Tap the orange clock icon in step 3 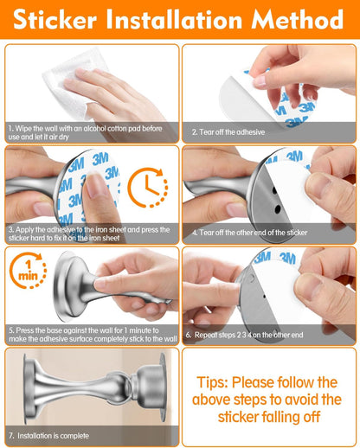tap(147, 188)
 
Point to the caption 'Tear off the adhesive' tap(228, 132)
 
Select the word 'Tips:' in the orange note tap(220, 381)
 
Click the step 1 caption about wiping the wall tap(90, 132)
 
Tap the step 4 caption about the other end tap(250, 233)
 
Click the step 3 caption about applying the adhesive tap(90, 233)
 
